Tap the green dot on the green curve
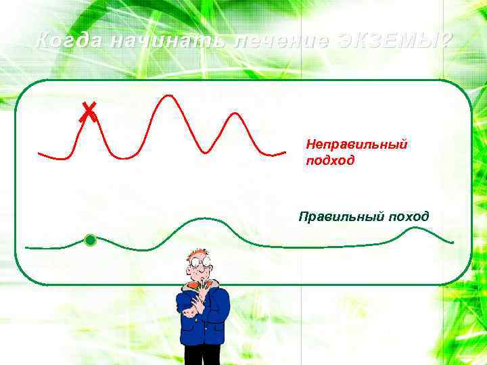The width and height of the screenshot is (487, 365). (90, 240)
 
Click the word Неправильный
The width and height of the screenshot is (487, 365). (356, 145)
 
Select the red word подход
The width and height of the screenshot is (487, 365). (330, 162)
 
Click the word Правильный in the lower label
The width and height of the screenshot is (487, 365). (342, 216)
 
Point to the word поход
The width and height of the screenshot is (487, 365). (409, 216)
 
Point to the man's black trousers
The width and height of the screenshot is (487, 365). (203, 354)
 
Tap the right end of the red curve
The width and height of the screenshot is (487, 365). (284, 154)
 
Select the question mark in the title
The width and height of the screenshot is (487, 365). (444, 41)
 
